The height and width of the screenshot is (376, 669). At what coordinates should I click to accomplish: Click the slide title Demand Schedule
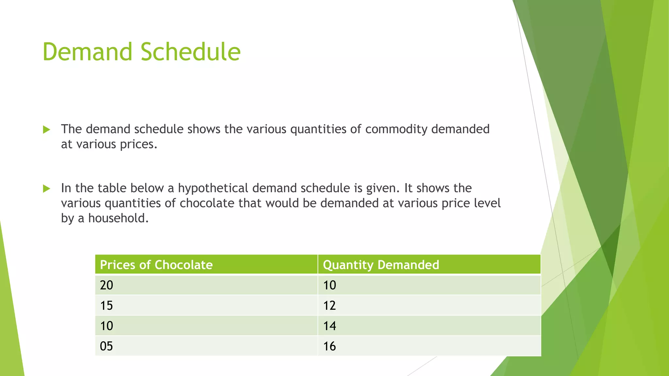click(x=141, y=52)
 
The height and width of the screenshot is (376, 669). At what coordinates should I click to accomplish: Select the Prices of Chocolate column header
click(x=156, y=265)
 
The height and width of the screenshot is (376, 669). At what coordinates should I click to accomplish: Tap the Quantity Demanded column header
click(x=381, y=265)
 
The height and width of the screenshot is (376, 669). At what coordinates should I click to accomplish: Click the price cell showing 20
click(x=106, y=285)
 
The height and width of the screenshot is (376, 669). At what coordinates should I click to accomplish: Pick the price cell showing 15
click(x=106, y=305)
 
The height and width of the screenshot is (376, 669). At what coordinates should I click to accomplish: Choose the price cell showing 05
click(x=106, y=346)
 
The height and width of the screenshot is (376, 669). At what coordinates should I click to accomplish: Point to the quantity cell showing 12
click(x=329, y=305)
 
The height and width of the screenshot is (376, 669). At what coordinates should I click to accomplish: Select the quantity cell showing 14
click(x=329, y=326)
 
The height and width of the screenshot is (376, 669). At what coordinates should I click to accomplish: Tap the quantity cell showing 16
click(x=329, y=346)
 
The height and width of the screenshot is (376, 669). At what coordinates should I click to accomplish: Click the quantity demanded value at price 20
click(x=329, y=285)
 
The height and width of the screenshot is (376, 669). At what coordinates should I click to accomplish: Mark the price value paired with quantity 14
click(x=106, y=326)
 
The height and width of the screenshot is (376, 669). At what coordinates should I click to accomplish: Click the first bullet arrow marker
click(x=47, y=130)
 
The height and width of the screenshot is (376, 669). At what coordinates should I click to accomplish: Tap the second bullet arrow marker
click(x=47, y=189)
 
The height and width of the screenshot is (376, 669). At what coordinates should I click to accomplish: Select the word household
click(x=118, y=218)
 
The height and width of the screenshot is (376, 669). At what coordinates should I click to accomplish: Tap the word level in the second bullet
click(x=487, y=203)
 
